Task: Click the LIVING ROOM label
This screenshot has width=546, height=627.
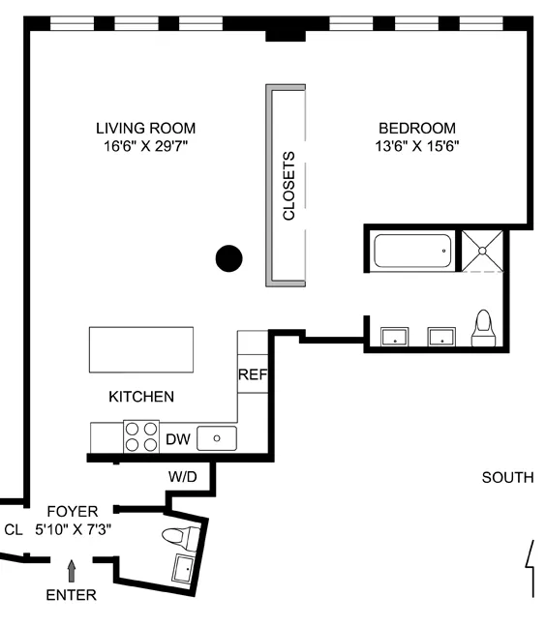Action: (145, 128)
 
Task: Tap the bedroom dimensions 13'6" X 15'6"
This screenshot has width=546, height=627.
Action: (416, 146)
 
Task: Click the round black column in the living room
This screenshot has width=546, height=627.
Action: (228, 257)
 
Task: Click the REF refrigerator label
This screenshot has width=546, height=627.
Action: (252, 373)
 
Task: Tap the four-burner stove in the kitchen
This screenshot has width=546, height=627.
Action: (141, 437)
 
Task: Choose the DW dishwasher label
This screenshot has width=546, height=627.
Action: (178, 439)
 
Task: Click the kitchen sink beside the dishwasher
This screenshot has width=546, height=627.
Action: (217, 438)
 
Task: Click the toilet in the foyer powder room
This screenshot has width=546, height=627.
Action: (180, 535)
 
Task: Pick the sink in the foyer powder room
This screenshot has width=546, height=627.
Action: (183, 569)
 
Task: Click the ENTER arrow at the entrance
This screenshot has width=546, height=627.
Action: (71, 570)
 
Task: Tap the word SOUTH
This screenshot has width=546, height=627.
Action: (507, 477)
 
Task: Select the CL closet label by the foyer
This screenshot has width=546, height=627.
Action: (13, 529)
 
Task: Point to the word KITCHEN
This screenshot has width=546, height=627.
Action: (141, 397)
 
